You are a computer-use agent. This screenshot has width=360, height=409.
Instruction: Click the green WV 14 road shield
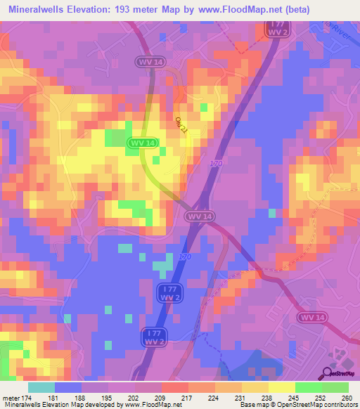[x=143, y=143]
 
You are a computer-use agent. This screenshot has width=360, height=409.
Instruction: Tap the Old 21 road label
[x=184, y=125]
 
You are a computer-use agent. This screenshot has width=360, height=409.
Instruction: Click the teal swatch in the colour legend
[x=41, y=387]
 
